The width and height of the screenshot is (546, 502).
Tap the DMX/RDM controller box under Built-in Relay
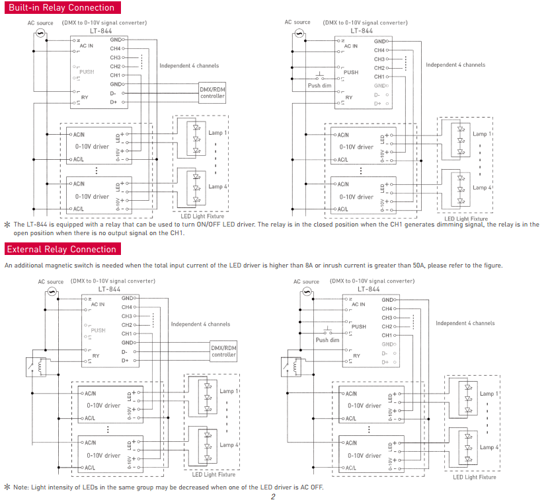coord(212,92)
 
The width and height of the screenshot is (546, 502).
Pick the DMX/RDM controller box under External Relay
coord(223,351)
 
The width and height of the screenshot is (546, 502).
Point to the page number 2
coord(272,496)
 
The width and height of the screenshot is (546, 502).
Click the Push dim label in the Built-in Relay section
coord(319,86)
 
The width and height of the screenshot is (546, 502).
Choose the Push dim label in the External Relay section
coord(327,340)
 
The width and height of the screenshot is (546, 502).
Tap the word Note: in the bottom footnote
coord(21,487)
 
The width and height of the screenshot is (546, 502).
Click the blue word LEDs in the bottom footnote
coord(91,487)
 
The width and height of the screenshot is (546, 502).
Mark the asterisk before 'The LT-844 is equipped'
coord(7,225)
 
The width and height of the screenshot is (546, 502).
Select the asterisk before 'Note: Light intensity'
coord(7,487)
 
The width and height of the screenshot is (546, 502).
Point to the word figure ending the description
coord(490,266)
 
